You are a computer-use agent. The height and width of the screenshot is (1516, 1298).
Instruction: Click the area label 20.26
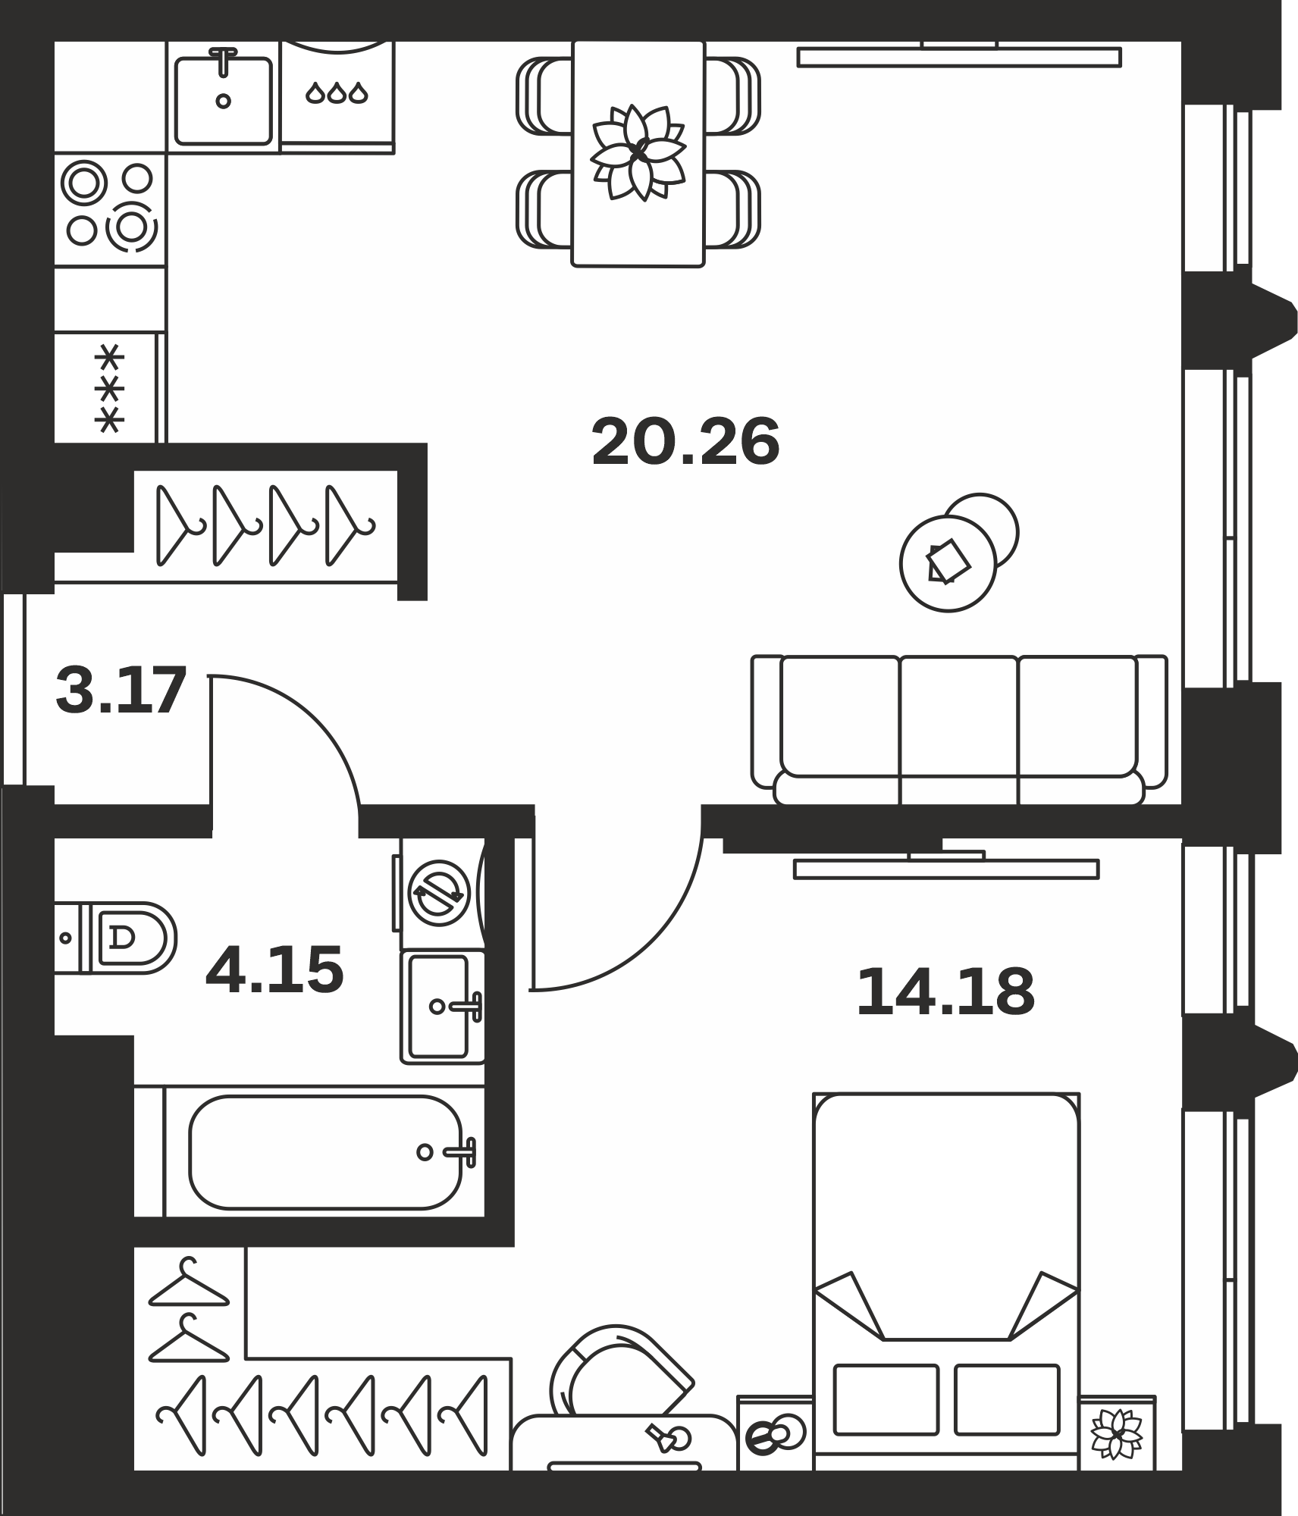[685, 442]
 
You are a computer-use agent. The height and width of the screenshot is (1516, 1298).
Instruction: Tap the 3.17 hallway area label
[121, 690]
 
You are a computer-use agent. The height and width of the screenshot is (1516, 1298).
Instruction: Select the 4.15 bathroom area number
[274, 969]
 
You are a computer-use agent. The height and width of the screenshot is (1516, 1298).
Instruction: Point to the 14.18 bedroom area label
[945, 992]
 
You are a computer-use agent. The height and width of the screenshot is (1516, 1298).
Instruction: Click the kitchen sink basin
[223, 100]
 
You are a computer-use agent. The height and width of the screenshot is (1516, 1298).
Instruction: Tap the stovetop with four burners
[110, 209]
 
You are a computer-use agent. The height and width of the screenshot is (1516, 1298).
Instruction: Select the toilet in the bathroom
[115, 938]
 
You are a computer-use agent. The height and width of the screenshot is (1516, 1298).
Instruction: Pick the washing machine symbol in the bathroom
[439, 893]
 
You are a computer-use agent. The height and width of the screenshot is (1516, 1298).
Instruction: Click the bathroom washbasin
[443, 1007]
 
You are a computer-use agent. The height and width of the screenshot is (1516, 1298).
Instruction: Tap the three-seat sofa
[959, 731]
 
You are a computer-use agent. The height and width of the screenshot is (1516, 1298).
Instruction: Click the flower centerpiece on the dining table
[638, 152]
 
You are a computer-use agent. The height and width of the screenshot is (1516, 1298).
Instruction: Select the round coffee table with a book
[948, 563]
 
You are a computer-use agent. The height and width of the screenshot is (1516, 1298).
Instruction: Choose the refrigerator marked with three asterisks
[110, 387]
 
